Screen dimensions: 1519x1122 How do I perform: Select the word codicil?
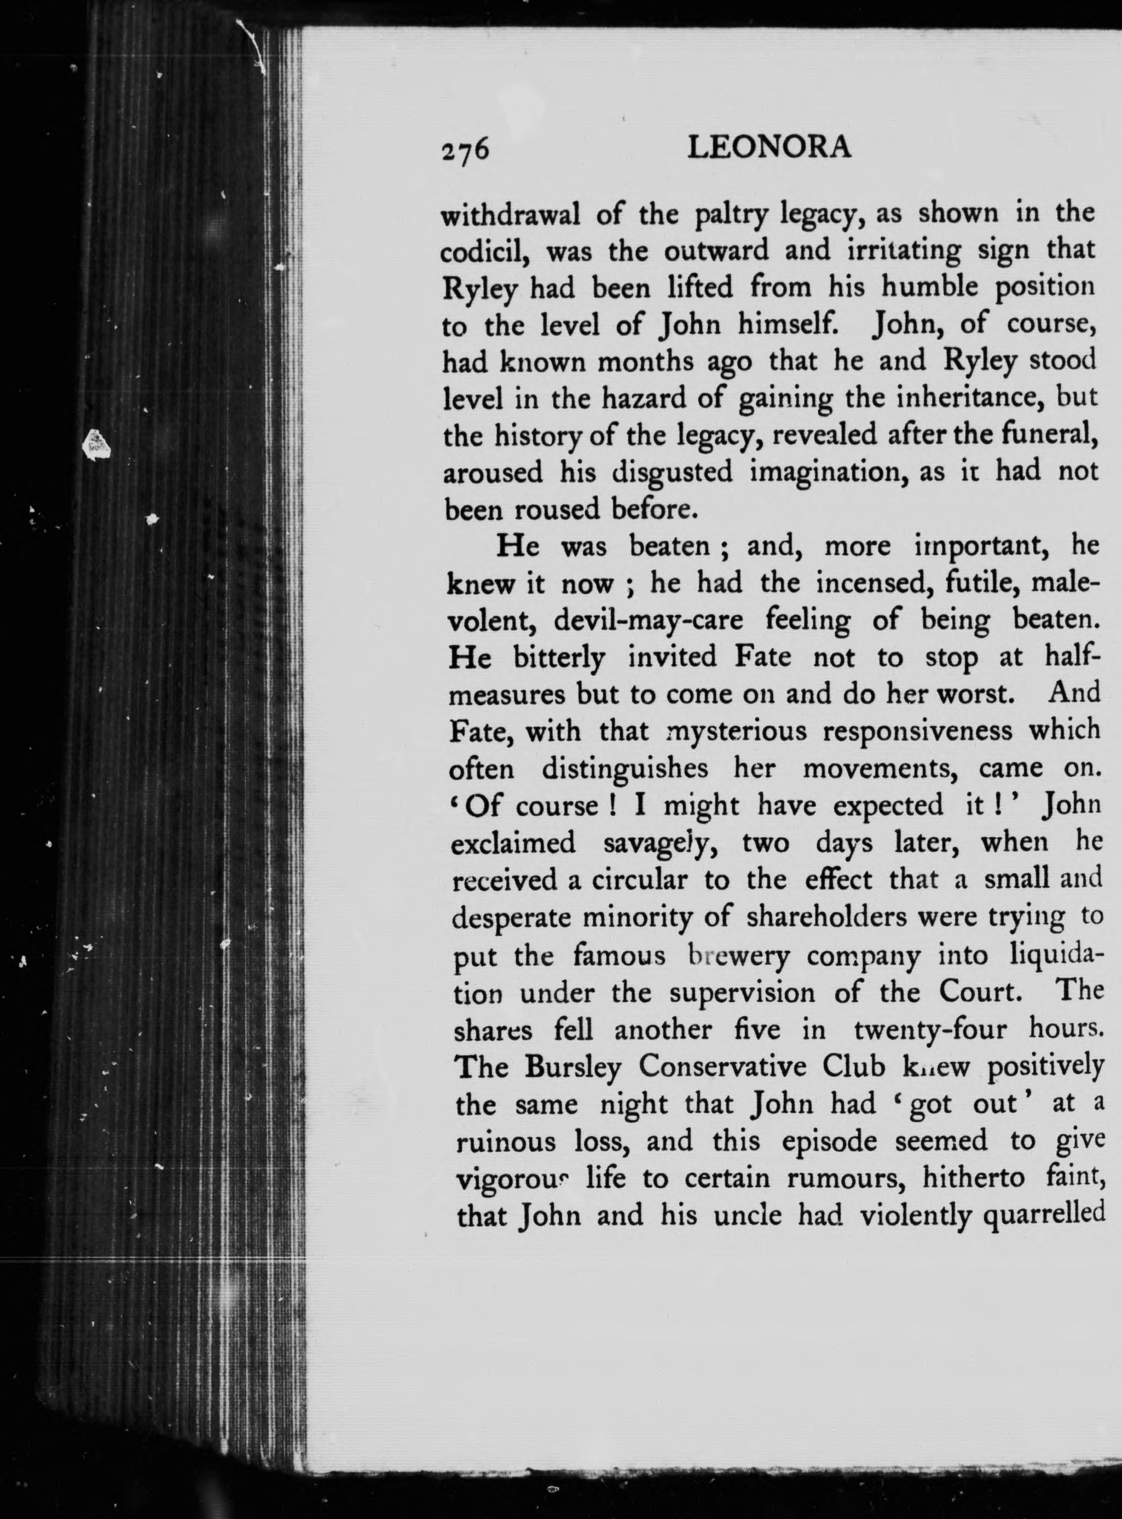tap(485, 252)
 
